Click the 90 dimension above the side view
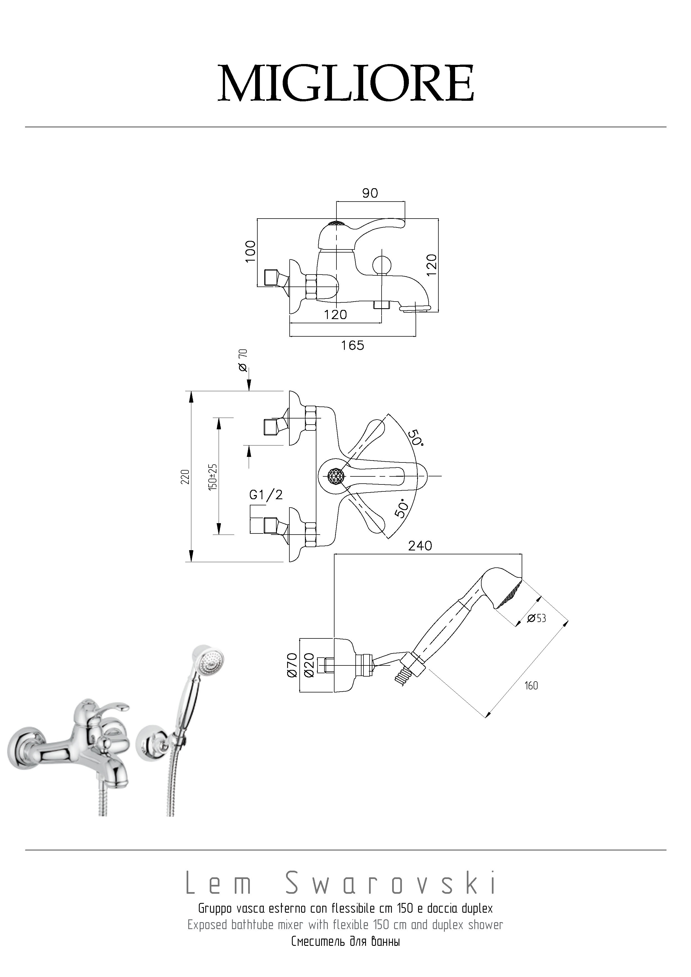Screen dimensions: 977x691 click(x=370, y=193)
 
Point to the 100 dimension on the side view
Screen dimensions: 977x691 click(x=251, y=251)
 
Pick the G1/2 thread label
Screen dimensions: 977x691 click(x=266, y=494)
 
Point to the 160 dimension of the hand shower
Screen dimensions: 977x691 click(x=531, y=685)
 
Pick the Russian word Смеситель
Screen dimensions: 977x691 click(x=318, y=942)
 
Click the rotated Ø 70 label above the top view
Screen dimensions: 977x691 click(x=243, y=360)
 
